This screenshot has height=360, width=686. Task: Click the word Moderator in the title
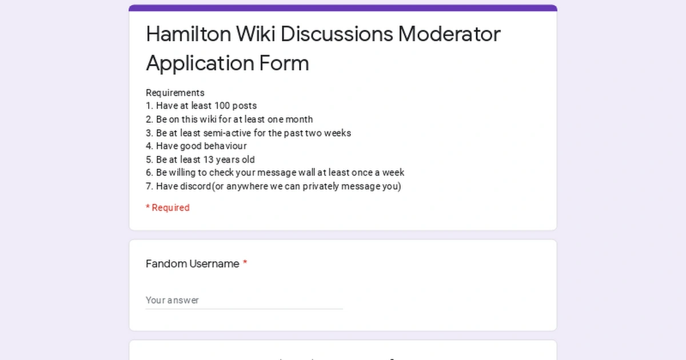tap(449, 34)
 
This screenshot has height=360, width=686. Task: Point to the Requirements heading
tap(175, 93)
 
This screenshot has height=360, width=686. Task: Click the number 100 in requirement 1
tap(222, 106)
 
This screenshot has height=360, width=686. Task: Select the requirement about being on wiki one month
tap(234, 119)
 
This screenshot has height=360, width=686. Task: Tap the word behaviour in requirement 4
tap(225, 146)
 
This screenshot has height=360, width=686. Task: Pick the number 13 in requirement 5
tap(208, 159)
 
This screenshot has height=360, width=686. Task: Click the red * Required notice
tap(167, 207)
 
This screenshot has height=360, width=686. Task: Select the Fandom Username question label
tap(192, 263)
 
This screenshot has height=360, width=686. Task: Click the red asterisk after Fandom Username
tap(245, 263)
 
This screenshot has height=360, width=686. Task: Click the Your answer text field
tap(244, 300)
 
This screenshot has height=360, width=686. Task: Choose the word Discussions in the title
tap(337, 34)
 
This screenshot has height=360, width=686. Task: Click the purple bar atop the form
tap(343, 8)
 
